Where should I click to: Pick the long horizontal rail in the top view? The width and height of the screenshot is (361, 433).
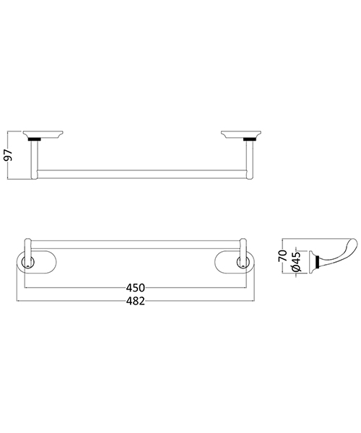click(142, 173)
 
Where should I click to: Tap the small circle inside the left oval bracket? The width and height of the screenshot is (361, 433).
click(27, 266)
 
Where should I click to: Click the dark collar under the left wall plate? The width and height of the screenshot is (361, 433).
click(32, 139)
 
